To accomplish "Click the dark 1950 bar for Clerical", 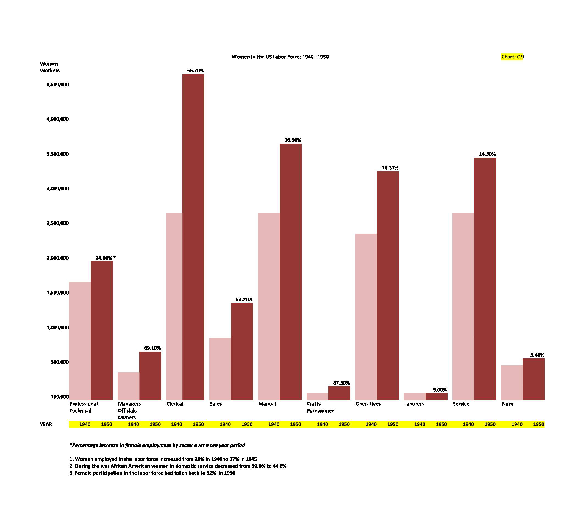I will point(193,237).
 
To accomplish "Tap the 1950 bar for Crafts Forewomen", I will point(339,393).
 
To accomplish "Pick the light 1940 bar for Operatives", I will point(366,317).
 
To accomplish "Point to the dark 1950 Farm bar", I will point(533,379).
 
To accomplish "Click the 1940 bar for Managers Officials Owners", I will point(128,386).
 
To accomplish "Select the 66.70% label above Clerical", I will point(195,71).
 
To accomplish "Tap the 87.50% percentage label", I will point(341,383).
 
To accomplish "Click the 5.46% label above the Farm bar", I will point(537,355).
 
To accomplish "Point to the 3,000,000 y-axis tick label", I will point(58,189).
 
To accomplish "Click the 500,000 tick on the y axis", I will point(60,362).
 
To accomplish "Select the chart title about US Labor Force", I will point(280,57).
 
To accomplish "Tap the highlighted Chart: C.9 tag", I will point(512,57).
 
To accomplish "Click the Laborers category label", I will point(414,404).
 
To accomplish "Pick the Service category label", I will point(461,404).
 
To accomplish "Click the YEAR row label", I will point(46,424).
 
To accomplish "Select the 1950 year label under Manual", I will point(295,424).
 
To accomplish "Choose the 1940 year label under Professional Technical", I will point(85,424).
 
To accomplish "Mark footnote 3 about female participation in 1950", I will point(152,473).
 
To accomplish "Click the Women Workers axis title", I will point(50,67).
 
